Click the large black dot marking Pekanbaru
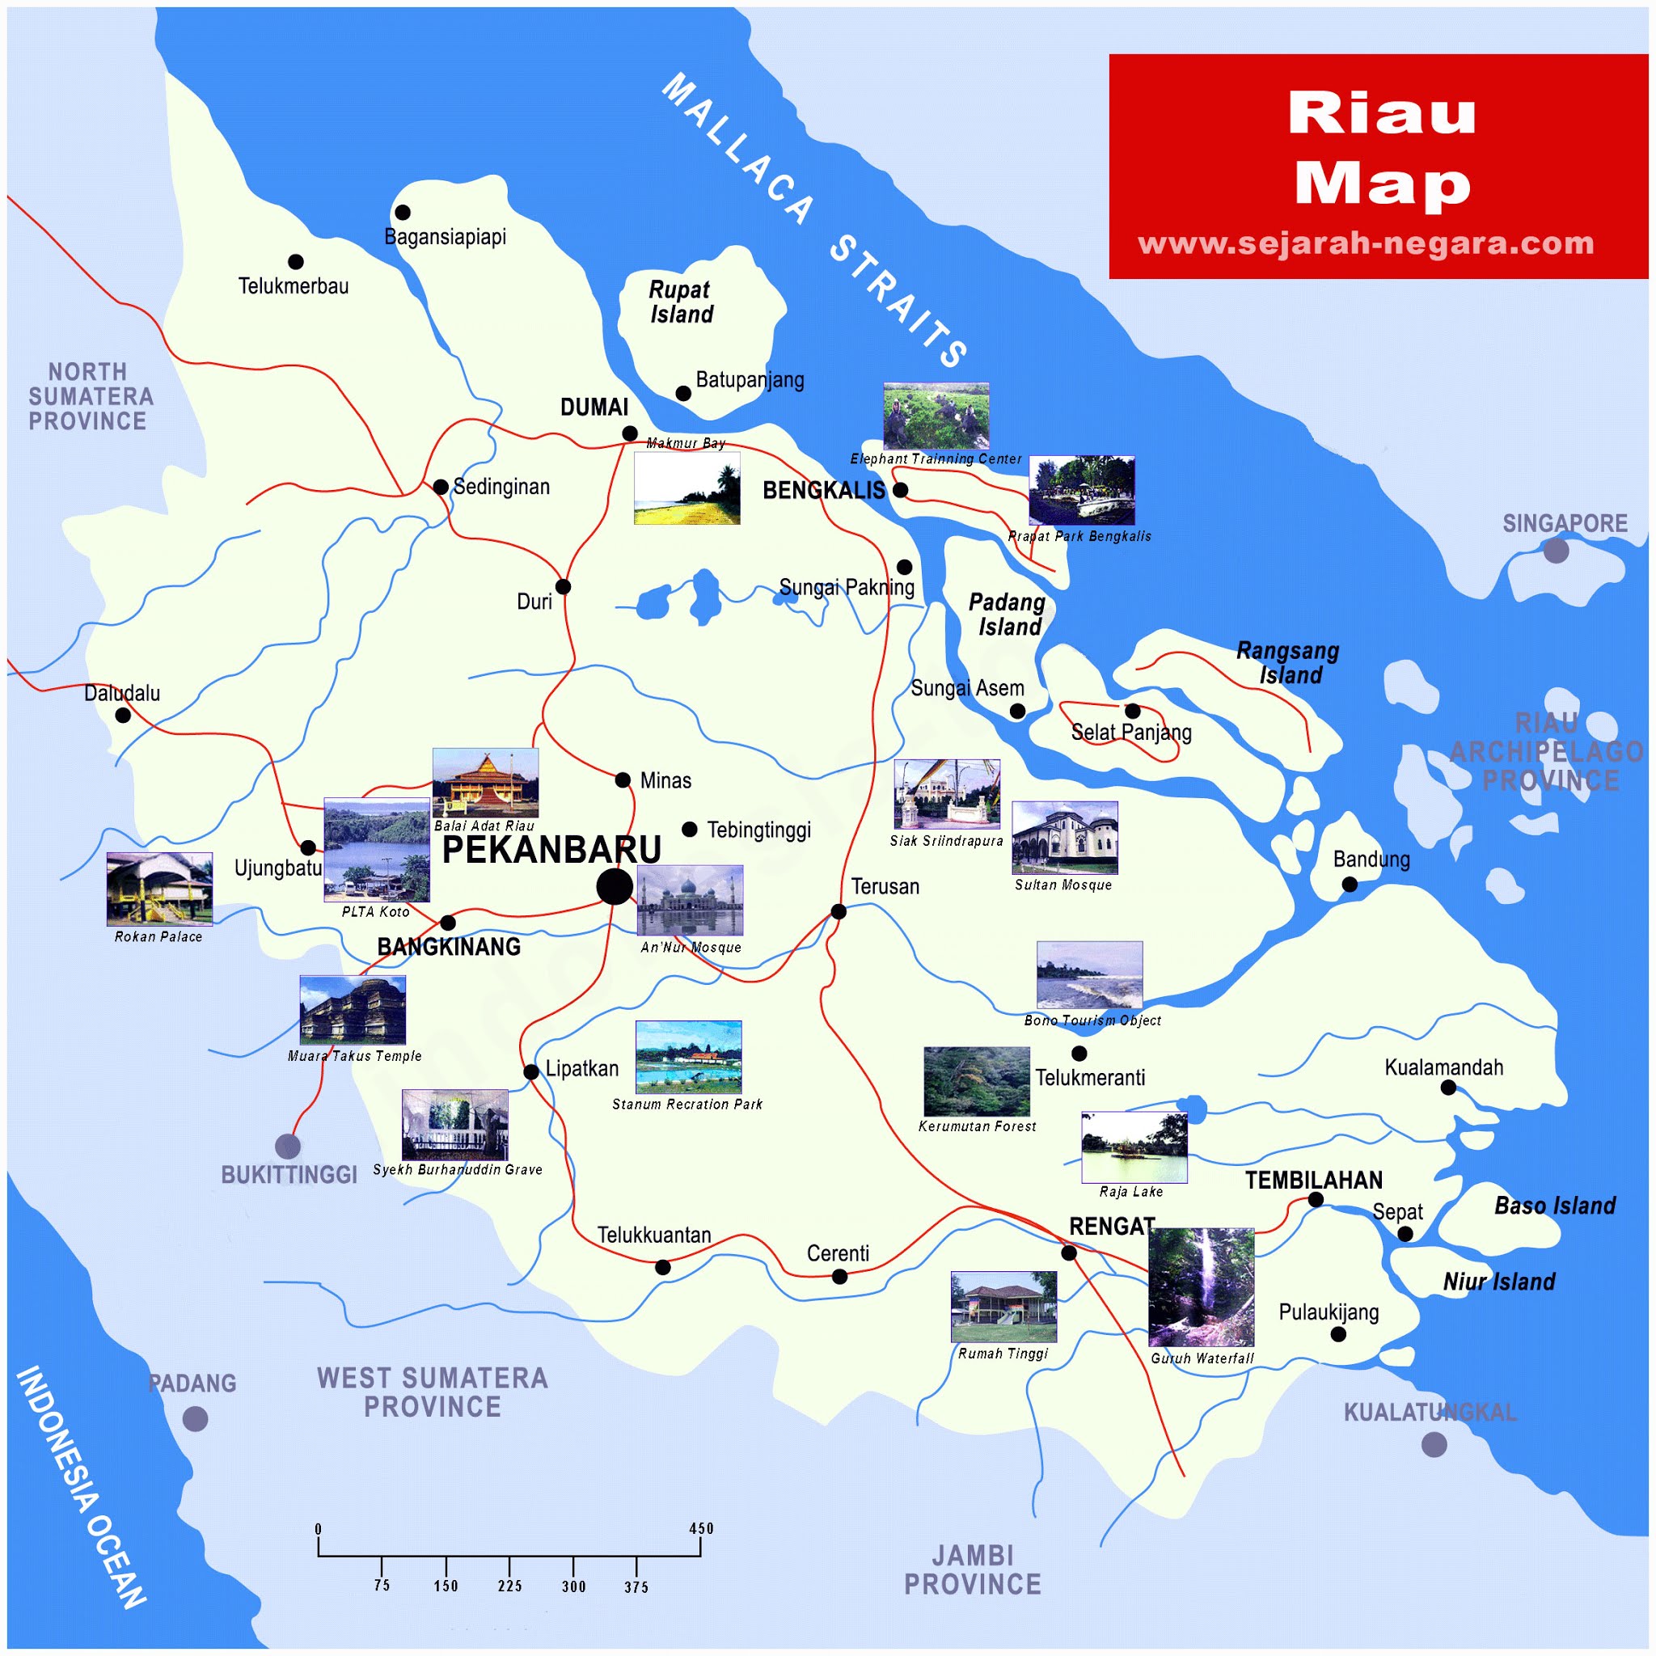pos(615,886)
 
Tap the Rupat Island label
pos(681,302)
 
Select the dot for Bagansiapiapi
pos(402,212)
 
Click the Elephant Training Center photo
pos(936,416)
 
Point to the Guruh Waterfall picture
pos(1201,1286)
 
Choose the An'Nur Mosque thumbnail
pos(690,900)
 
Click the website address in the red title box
pos(1366,243)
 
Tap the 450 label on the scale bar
pos(700,1528)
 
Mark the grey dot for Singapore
pos(1557,551)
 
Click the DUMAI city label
pos(594,408)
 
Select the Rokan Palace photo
pos(159,889)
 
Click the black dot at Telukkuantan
pos(662,1267)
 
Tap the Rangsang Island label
pos(1287,662)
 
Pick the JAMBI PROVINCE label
pos(972,1570)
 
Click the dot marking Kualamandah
pos(1448,1088)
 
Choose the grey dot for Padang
pos(196,1419)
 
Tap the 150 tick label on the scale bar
pos(446,1586)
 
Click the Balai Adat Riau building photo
pos(485,783)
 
